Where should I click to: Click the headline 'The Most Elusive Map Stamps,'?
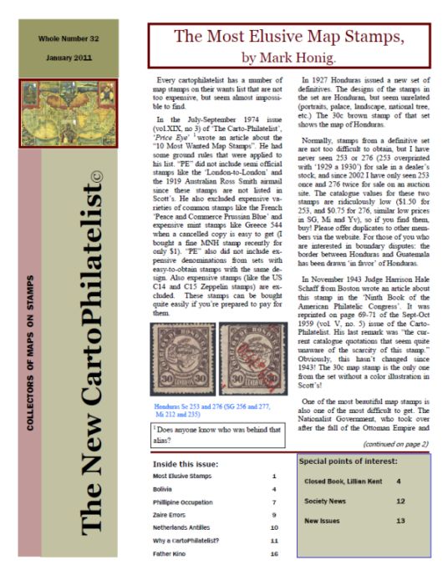click(x=287, y=37)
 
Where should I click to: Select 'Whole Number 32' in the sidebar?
click(x=68, y=39)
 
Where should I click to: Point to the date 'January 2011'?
click(x=68, y=58)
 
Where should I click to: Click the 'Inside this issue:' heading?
click(x=185, y=463)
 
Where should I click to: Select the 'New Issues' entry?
click(x=322, y=520)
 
